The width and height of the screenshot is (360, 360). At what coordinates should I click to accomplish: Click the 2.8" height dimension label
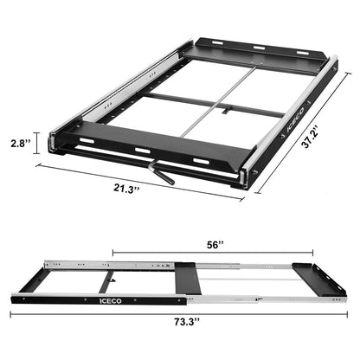[x=20, y=141]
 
